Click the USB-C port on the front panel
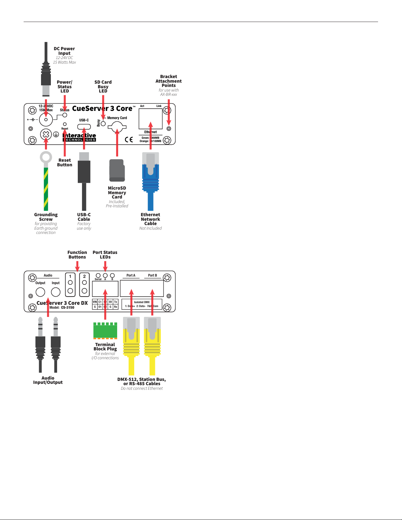[x=84, y=127]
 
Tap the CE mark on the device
[x=129, y=140]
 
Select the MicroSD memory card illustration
[x=117, y=170]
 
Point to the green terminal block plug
[x=105, y=330]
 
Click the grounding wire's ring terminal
[x=46, y=157]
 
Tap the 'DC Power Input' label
[x=64, y=51]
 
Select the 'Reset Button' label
[x=65, y=162]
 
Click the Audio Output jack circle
[x=40, y=292]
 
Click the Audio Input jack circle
[x=56, y=292]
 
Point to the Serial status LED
[x=98, y=276]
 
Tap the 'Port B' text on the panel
[x=153, y=275]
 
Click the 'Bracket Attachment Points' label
[x=169, y=81]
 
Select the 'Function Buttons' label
[x=77, y=255]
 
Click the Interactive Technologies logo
[x=79, y=137]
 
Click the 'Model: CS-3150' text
[x=62, y=307]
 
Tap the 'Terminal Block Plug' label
[x=105, y=347]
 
